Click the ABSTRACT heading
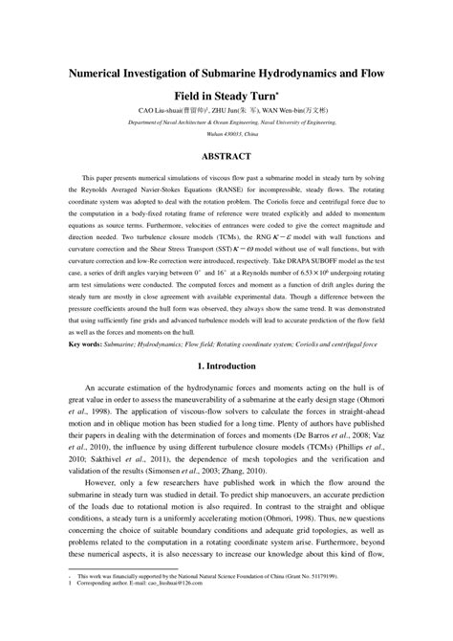pyautogui.click(x=226, y=157)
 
